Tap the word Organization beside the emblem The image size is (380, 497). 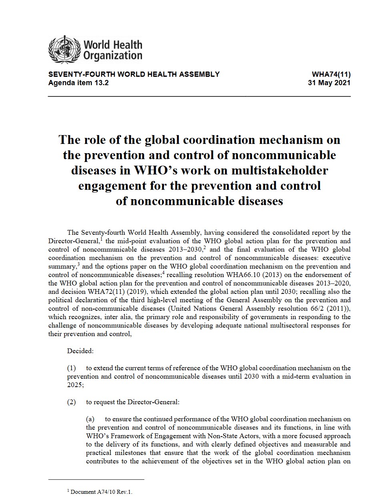point(112,55)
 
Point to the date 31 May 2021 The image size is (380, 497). point(329,83)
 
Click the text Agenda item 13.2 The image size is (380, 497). point(78,83)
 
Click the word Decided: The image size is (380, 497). point(80,351)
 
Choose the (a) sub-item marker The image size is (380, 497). point(90,419)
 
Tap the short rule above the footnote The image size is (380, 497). point(96,479)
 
